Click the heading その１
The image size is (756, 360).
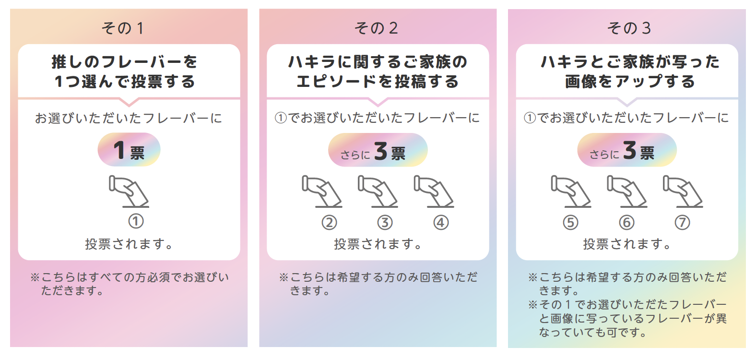[123, 28]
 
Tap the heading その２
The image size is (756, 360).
[377, 28]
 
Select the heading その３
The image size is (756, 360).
[629, 28]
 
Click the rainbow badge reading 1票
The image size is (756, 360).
[129, 150]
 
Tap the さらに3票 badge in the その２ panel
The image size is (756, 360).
[378, 150]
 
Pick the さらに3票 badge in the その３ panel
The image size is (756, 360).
[626, 150]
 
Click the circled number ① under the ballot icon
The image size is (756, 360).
[136, 221]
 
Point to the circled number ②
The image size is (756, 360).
[329, 223]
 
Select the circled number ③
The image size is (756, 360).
[385, 223]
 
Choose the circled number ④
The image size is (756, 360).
[441, 223]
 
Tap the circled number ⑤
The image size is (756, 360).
[570, 223]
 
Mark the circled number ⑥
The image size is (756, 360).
[626, 223]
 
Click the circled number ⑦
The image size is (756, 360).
[682, 223]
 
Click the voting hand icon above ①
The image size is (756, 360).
[129, 192]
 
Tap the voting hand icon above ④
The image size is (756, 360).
[434, 192]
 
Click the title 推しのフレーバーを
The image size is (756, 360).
[125, 62]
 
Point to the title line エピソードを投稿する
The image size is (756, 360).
[378, 82]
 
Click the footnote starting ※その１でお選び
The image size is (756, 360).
[627, 318]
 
